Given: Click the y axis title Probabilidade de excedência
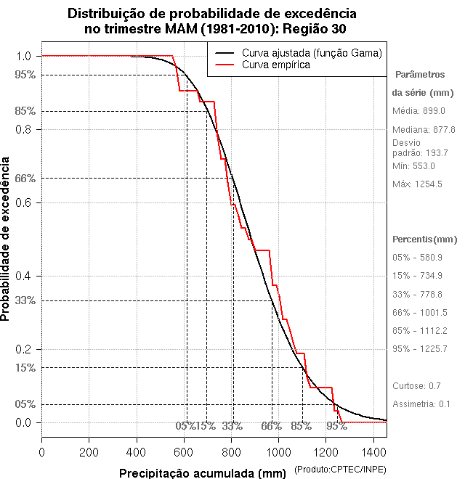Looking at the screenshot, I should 7,239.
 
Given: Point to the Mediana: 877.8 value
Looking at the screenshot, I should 424,129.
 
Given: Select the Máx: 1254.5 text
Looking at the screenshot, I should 417,184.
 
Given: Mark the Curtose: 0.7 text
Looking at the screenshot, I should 417,385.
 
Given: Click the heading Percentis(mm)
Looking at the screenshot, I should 425,239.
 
